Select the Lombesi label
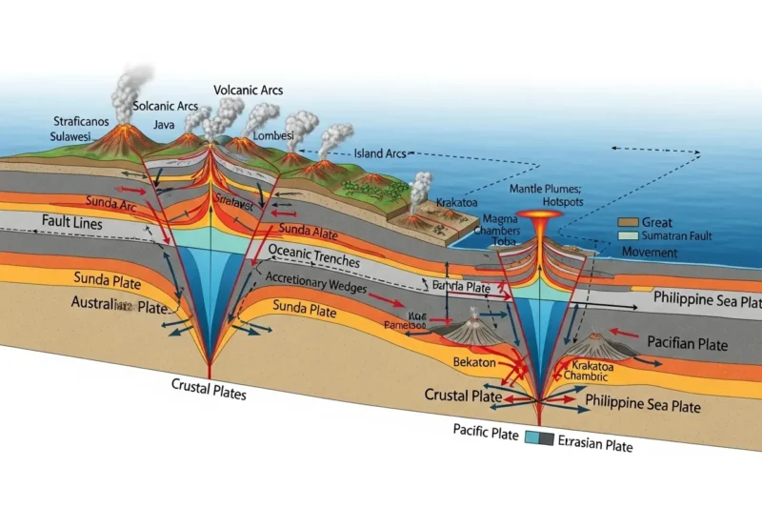tap(273, 135)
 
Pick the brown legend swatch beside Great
tap(626, 221)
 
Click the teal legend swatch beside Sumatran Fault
tap(626, 235)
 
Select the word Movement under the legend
tap(650, 253)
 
